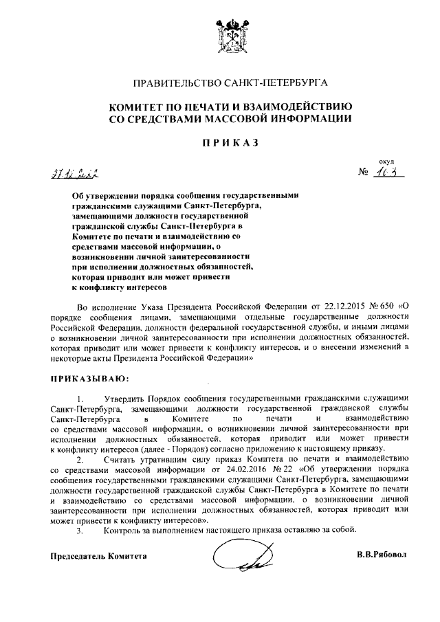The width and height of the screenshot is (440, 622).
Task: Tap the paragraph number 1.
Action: (x=81, y=398)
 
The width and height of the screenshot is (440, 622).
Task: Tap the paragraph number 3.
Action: (x=81, y=530)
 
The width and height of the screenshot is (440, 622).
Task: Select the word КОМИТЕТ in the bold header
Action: (x=140, y=107)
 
